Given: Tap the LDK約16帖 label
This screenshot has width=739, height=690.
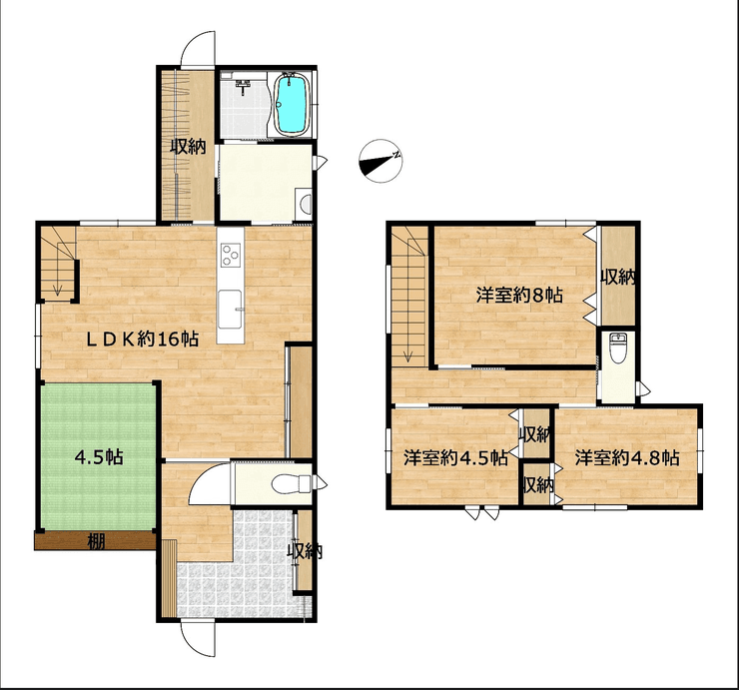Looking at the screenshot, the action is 143,339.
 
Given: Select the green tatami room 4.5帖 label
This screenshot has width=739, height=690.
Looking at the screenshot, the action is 100,456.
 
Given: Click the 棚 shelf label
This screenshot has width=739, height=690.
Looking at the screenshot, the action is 96,542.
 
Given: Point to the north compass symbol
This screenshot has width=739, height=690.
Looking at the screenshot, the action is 380,161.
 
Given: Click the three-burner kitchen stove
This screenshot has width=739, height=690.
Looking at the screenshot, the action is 231,255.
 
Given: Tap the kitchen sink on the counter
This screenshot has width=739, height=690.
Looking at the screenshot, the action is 231,310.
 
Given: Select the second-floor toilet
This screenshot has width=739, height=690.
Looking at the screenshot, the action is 616,347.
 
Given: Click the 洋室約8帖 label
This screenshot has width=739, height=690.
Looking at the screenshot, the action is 519,296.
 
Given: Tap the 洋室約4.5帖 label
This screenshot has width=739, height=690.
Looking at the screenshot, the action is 455,457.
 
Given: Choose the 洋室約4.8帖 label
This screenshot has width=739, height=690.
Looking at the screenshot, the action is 627,457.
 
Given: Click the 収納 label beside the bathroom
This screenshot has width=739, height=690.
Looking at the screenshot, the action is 188,147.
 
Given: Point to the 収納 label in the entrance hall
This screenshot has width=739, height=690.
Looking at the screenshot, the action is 305,551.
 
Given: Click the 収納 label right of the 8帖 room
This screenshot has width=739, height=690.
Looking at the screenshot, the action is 618,278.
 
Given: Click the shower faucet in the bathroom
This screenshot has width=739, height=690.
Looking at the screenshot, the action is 244,86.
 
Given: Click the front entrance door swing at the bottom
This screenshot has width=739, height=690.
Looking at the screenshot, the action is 198,639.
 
